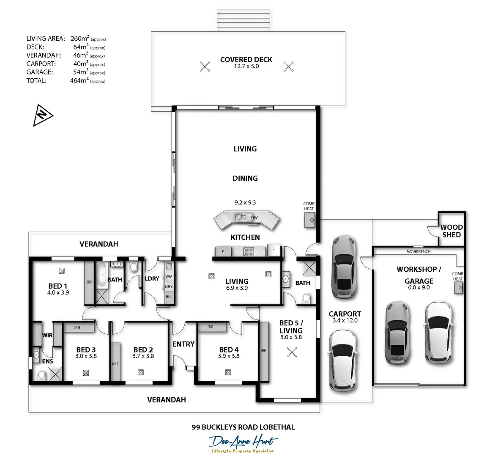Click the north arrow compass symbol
(43, 115)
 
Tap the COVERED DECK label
(246, 60)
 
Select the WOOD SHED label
(451, 231)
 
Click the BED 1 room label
(58, 286)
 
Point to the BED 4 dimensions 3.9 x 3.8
(229, 356)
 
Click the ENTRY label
(183, 344)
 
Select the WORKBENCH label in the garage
(419, 252)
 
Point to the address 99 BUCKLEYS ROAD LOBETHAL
(243, 427)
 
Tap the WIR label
(47, 335)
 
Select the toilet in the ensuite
(41, 374)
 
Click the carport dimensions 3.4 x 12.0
(345, 320)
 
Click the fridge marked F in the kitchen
(274, 250)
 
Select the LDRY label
(152, 278)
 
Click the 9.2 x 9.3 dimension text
(245, 202)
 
